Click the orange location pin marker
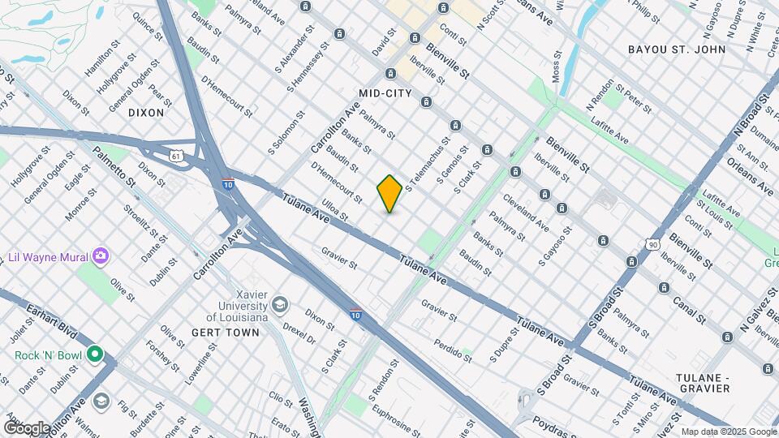tap(389, 194)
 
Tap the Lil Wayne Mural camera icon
tap(101, 256)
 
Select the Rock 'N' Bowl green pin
tap(95, 354)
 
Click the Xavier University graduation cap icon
tap(280, 304)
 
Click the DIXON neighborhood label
tap(146, 113)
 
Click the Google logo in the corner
tap(27, 427)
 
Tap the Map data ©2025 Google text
tap(728, 432)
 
